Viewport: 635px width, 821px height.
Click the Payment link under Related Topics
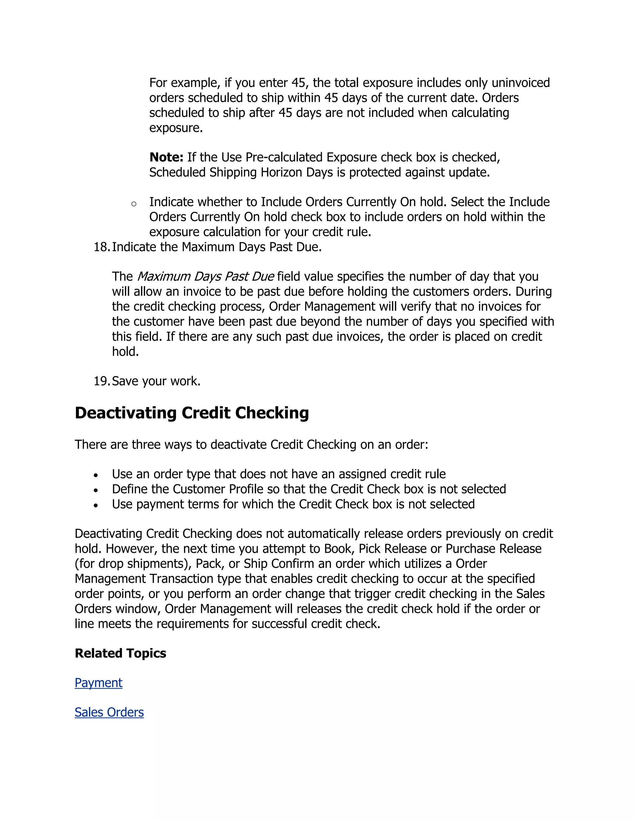(x=98, y=683)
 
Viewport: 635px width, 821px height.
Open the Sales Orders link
(x=109, y=712)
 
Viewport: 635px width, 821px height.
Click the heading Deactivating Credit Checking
(x=192, y=413)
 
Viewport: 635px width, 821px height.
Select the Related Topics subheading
(x=120, y=653)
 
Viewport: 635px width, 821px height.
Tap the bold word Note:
(x=166, y=157)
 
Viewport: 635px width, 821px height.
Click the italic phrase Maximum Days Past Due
(x=205, y=277)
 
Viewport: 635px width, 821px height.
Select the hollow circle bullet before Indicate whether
(x=134, y=204)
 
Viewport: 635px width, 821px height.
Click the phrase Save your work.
(x=156, y=381)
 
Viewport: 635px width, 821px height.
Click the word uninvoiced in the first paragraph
(x=521, y=83)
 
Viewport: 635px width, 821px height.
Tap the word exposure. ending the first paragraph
(x=176, y=128)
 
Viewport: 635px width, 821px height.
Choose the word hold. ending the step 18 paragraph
(x=125, y=352)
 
